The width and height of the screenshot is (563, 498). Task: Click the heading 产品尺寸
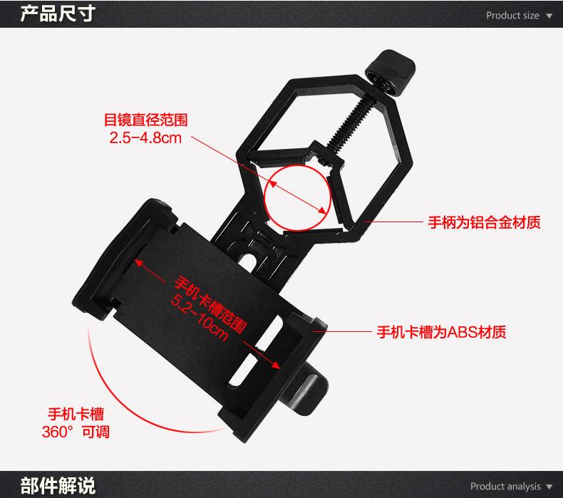coord(58,14)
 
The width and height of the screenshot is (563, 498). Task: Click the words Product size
coord(512,16)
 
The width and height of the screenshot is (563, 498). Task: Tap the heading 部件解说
coord(58,485)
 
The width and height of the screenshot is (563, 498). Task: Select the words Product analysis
coord(505,486)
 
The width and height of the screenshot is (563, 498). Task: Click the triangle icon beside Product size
coord(549,16)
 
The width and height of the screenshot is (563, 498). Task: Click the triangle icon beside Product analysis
coord(549,487)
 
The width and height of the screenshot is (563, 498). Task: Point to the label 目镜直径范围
coord(146,120)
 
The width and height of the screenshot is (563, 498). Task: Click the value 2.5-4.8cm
coord(145,138)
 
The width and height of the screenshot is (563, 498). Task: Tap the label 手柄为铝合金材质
coord(484,222)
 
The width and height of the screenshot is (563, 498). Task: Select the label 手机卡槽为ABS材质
coord(441,332)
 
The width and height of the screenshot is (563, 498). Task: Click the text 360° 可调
coord(76,432)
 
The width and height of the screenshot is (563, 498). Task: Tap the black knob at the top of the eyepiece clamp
coord(391,73)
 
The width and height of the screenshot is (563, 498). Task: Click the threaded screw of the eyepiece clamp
coord(352,123)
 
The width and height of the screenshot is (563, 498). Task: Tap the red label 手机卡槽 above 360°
coord(76,414)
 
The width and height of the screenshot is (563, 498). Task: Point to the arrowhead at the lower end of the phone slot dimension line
coord(275,365)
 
